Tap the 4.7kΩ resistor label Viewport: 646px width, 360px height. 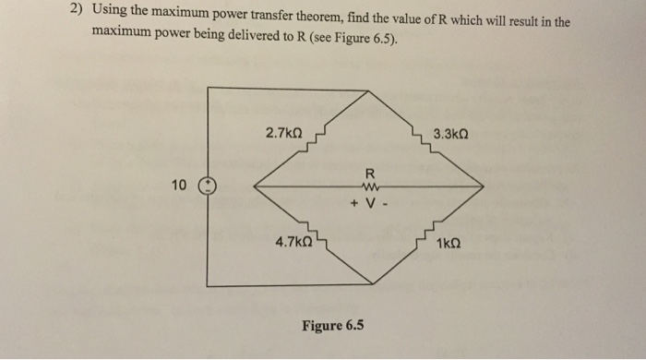tap(294, 243)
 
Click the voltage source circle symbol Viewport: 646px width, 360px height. tap(208, 185)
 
